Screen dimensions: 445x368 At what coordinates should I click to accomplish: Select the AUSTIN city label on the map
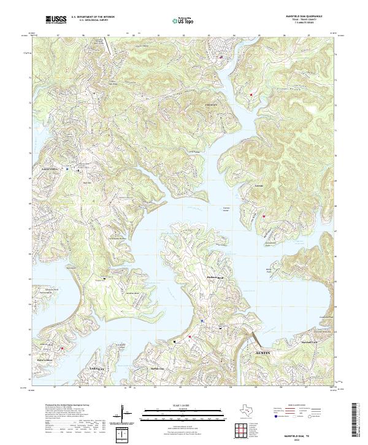263,354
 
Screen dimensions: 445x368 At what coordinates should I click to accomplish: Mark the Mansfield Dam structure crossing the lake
253,338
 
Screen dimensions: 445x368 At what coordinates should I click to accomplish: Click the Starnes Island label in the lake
226,209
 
